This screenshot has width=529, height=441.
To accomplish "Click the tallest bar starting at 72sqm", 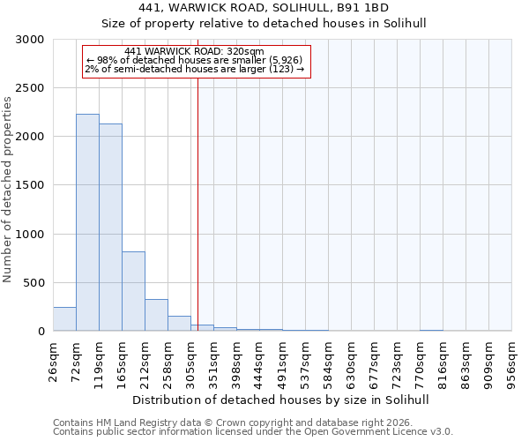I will click(87, 222).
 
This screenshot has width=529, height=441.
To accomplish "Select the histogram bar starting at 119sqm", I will click(110, 228).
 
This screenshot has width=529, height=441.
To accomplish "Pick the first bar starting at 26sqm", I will click(64, 319).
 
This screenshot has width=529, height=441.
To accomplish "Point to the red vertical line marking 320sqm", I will click(197, 194).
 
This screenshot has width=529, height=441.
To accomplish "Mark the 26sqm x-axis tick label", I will click(54, 360).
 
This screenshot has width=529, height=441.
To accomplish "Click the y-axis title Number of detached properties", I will click(8, 191).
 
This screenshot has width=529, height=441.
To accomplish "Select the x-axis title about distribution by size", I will click(282, 400).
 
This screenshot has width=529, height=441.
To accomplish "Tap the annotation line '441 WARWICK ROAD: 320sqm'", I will click(195, 52).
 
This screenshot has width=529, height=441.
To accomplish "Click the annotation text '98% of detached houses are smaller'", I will click(195, 60).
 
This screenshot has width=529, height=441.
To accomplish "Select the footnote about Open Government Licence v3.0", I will click(253, 432).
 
